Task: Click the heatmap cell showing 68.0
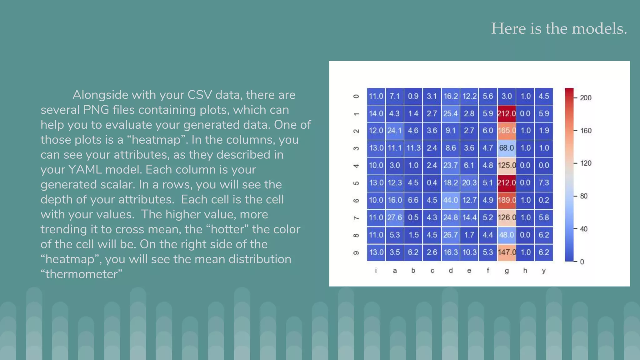[x=507, y=148]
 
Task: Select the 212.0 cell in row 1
[x=507, y=113]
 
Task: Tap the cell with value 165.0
[x=507, y=131]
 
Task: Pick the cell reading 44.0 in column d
[x=451, y=200]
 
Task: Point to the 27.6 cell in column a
[x=395, y=217]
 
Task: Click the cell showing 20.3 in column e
[x=469, y=183]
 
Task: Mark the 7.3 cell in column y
[x=544, y=183]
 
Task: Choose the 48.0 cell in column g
[x=507, y=235]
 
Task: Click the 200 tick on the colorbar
[x=586, y=98]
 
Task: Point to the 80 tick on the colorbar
[x=584, y=196]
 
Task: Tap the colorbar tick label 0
[x=582, y=262]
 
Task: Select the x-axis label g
[x=507, y=271]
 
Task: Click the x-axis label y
[x=544, y=271]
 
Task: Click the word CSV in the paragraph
[x=199, y=95]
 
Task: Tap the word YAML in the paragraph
[x=85, y=170]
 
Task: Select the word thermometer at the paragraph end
[x=82, y=274]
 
